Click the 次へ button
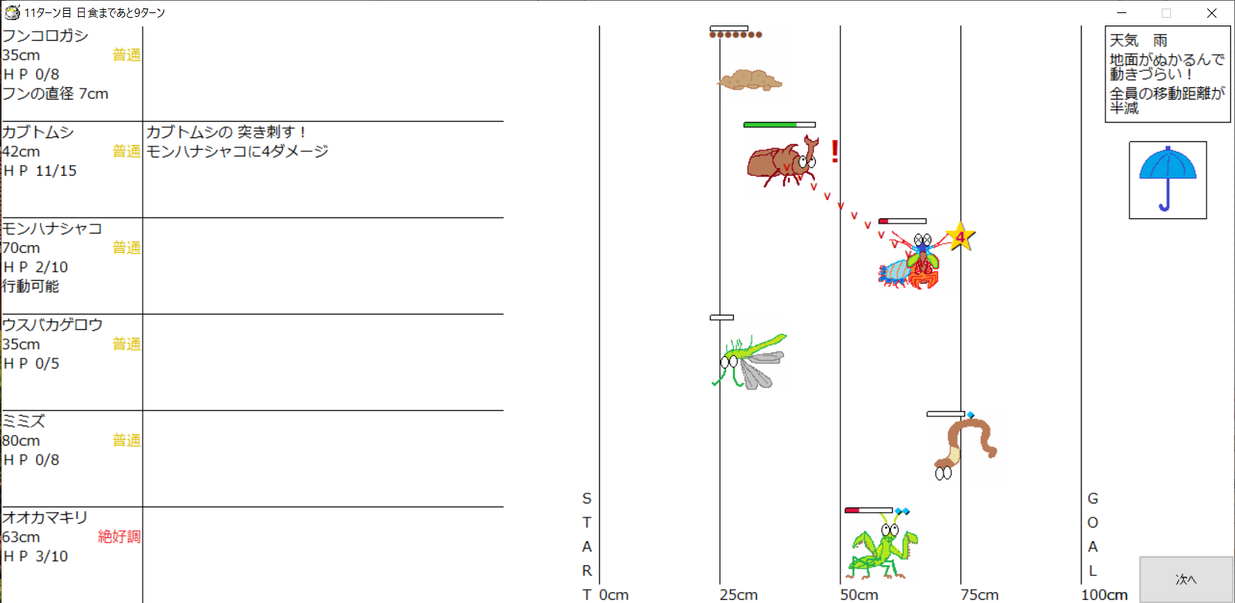pos(1186,579)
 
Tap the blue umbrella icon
pos(1167,179)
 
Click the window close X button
pos(1212,13)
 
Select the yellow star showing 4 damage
pos(960,237)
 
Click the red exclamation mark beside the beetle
pos(835,150)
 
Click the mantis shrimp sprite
pos(910,264)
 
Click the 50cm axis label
pos(859,595)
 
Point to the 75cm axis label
pos(979,595)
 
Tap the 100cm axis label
pos(1104,595)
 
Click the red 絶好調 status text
pos(119,537)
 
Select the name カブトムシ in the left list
pos(38,132)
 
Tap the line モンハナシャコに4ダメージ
pos(237,151)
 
